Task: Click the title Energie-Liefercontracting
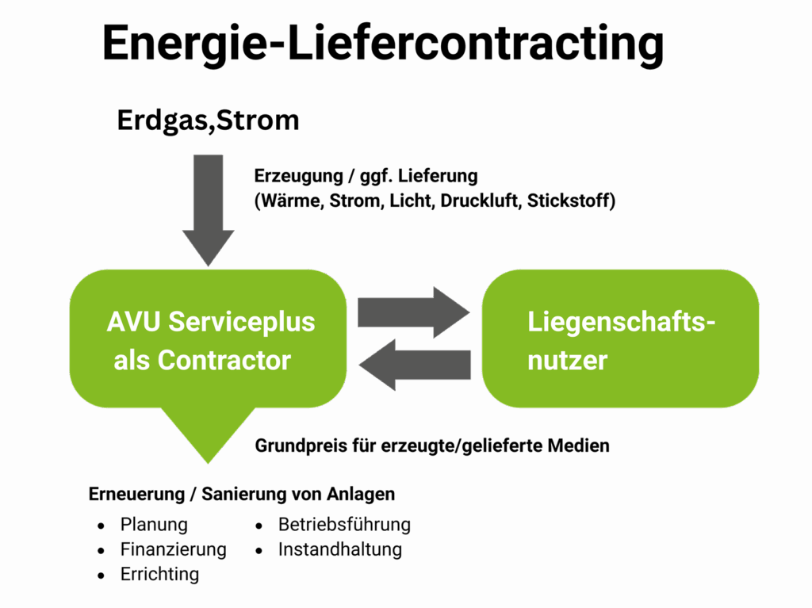point(382,43)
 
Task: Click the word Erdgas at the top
point(163,121)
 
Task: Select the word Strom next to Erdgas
point(259,121)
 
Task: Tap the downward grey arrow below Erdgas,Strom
point(208,210)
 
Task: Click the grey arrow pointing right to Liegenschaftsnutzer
point(413,312)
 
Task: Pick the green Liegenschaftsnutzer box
point(620,339)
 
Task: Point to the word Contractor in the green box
point(224,361)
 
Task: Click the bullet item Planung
point(154,525)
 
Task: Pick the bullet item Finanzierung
point(173,549)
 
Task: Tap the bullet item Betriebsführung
point(344,525)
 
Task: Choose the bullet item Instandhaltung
point(339,549)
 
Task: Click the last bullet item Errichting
point(159,575)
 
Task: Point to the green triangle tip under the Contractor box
point(208,457)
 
